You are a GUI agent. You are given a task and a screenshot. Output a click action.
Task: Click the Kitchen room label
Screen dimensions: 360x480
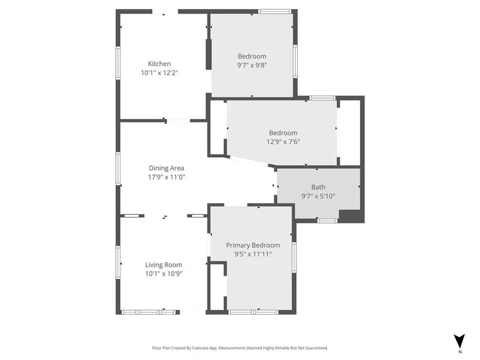click(x=159, y=64)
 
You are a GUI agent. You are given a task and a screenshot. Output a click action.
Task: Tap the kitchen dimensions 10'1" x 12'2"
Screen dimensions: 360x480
click(x=159, y=73)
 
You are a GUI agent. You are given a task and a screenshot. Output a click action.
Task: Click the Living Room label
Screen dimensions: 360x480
click(x=164, y=265)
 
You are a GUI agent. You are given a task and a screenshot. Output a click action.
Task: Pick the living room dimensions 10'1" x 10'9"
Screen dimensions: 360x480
click(x=164, y=274)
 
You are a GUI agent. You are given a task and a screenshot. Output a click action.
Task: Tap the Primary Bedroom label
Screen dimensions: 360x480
click(x=253, y=245)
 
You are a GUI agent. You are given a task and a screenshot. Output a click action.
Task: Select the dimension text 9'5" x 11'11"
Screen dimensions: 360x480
click(x=253, y=254)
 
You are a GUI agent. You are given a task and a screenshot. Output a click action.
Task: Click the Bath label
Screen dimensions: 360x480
click(x=318, y=187)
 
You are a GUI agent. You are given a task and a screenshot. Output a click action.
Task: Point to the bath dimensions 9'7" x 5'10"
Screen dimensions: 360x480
click(x=318, y=196)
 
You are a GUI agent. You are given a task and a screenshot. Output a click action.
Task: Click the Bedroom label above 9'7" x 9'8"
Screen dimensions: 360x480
click(x=252, y=56)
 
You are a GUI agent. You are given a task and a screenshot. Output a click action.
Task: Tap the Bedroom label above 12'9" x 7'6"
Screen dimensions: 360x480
click(x=283, y=133)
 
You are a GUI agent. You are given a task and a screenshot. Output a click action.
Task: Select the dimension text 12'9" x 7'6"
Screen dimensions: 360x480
click(x=283, y=142)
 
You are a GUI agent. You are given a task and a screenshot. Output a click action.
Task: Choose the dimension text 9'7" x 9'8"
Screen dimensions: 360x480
click(x=252, y=65)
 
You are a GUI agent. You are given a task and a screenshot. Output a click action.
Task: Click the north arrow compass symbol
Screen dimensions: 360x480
click(x=459, y=342)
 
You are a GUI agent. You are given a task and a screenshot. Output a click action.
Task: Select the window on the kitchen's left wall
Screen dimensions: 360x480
click(x=118, y=63)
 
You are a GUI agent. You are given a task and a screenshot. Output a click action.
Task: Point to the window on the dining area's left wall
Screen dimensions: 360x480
click(x=118, y=168)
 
